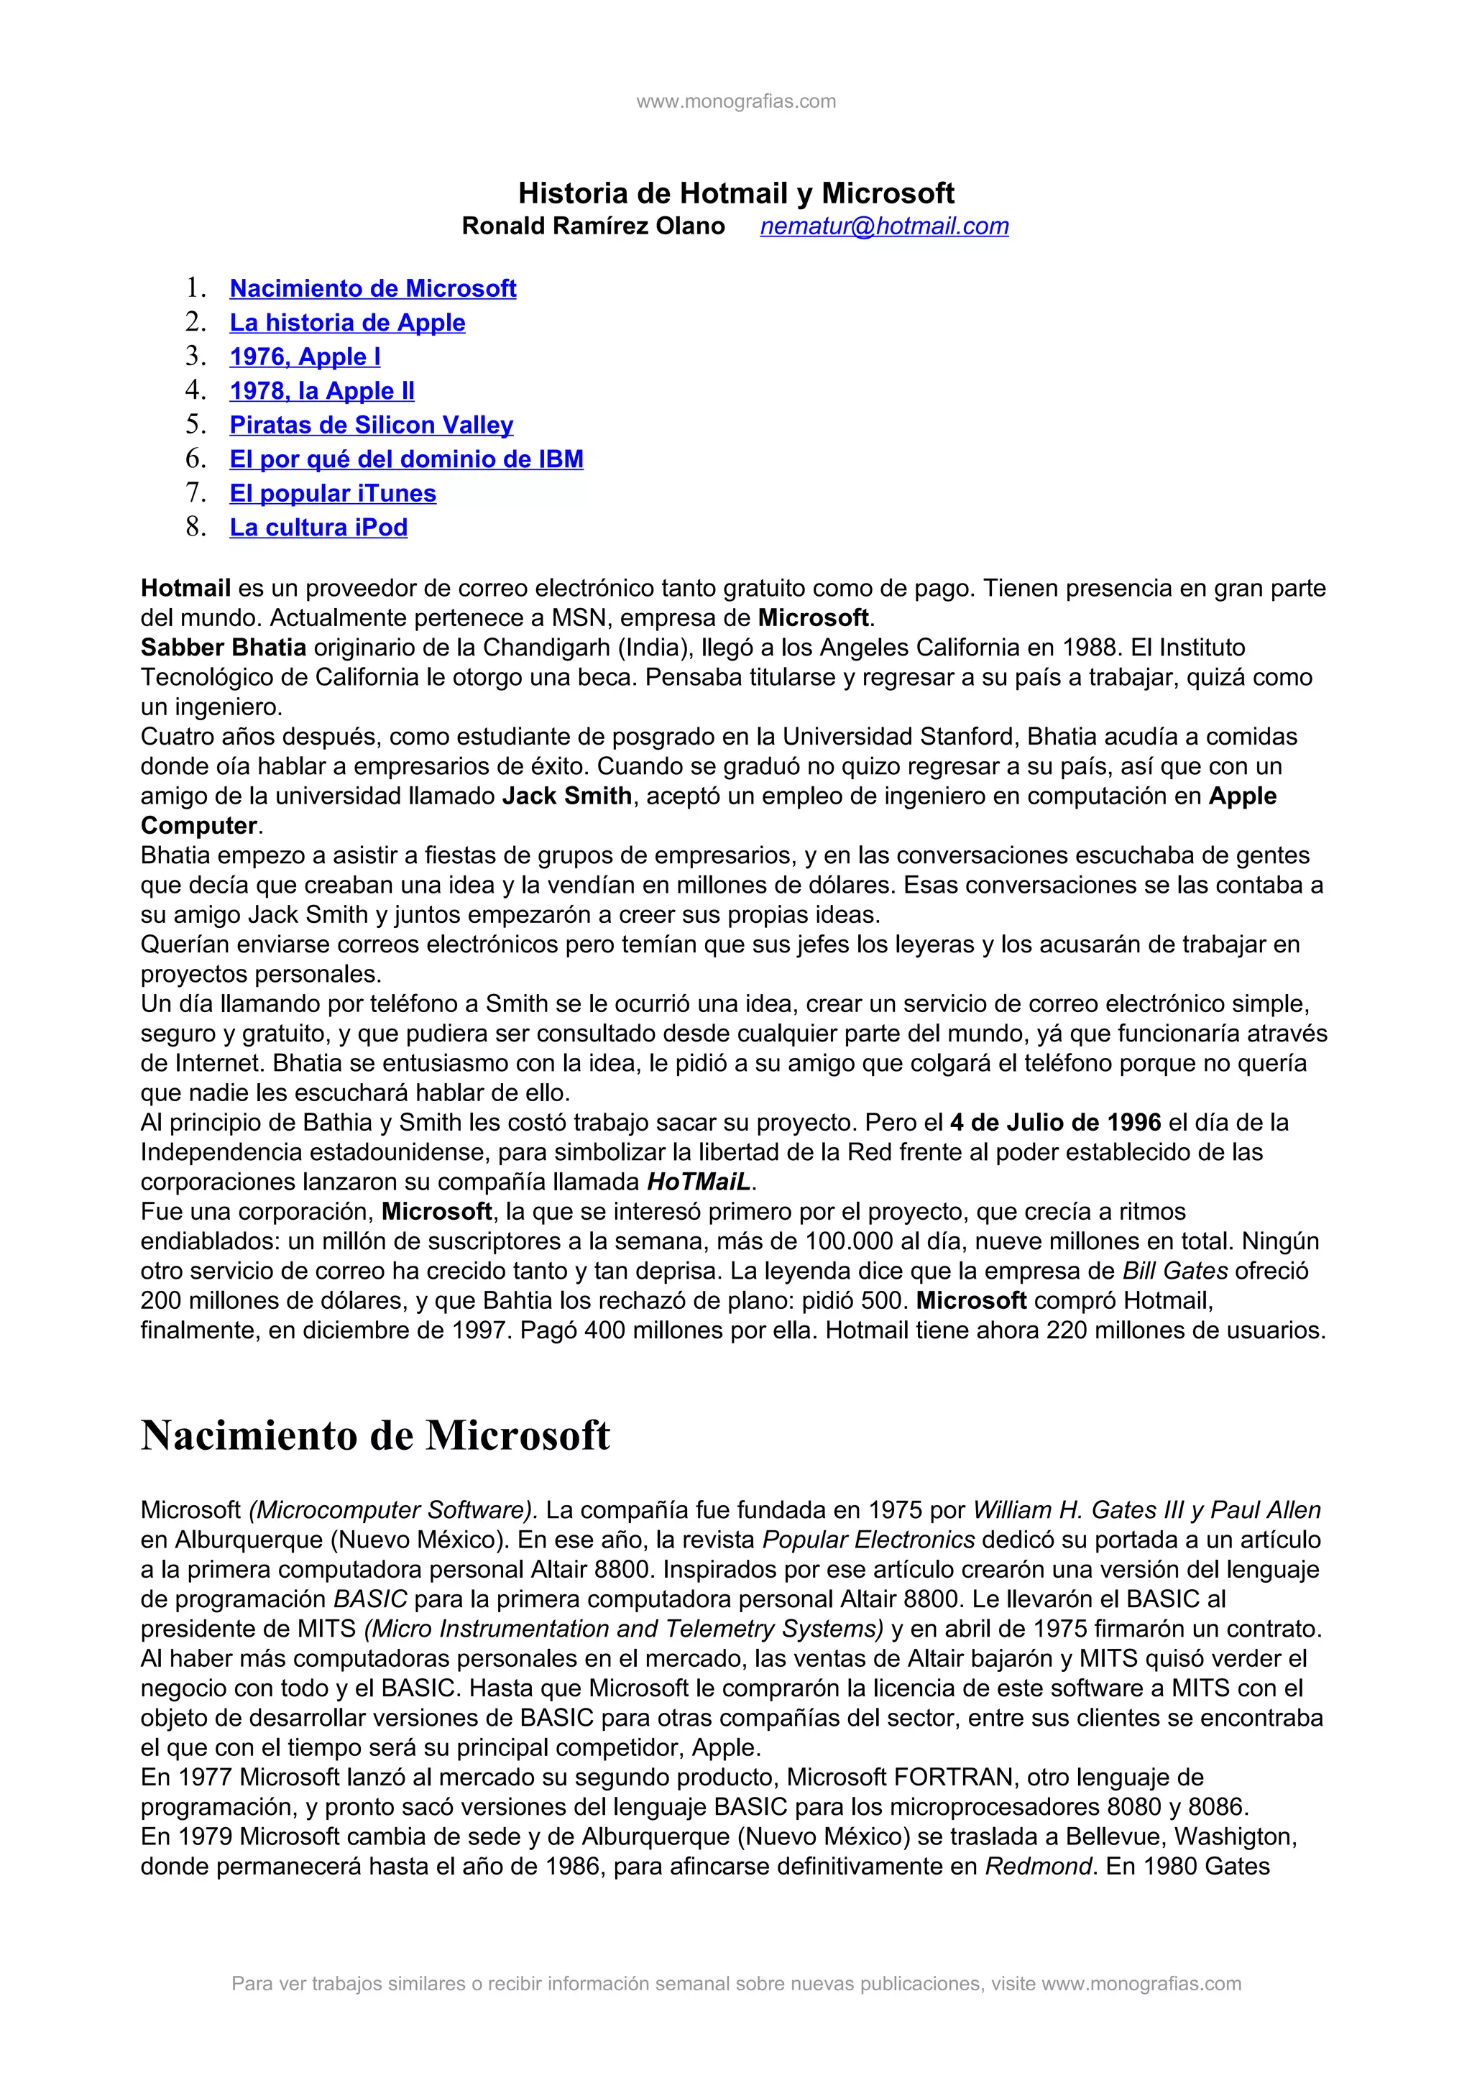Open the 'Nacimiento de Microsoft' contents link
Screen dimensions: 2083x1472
point(373,288)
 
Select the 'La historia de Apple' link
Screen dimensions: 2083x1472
point(347,323)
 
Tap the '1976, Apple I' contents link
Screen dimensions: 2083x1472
point(305,357)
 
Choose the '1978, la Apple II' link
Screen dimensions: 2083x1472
point(322,391)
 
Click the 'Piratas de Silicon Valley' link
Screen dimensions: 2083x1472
point(371,425)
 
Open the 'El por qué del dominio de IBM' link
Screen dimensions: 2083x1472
point(406,459)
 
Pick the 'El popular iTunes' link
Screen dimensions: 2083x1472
point(333,494)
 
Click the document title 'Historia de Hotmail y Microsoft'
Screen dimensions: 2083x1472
point(735,193)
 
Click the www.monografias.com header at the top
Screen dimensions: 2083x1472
point(735,101)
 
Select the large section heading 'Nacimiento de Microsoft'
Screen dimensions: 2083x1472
point(375,1435)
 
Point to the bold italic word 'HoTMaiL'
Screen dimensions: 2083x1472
point(699,1182)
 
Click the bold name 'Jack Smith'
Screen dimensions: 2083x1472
point(567,796)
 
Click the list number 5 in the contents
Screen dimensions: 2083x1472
point(196,425)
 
